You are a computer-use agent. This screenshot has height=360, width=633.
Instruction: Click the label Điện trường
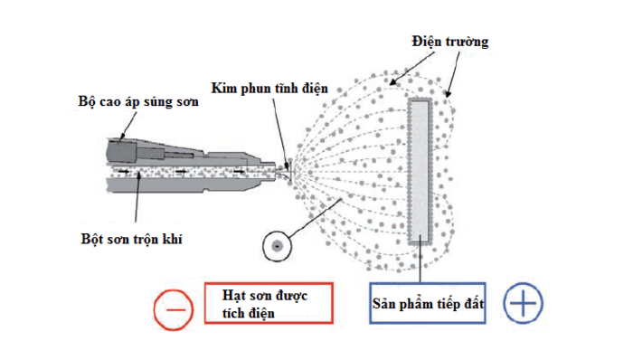click(449, 43)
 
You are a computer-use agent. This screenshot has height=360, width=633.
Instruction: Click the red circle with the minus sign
click(174, 308)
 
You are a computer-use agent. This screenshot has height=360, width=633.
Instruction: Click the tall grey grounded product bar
click(419, 171)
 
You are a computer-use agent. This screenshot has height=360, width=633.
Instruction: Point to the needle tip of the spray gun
click(289, 166)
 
